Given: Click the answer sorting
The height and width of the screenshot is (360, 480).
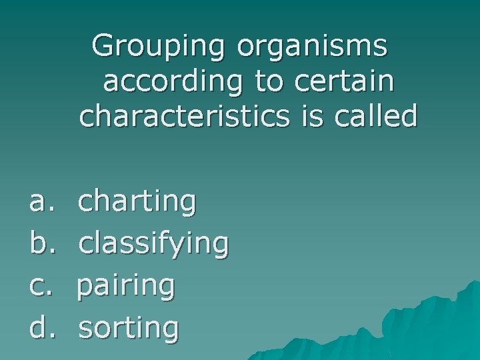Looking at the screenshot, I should [128, 329].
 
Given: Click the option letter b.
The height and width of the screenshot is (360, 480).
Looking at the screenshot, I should [38, 244].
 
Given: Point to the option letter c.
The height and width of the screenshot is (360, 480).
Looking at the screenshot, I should [38, 286].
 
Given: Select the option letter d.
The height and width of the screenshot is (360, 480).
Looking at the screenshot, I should [38, 327].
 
